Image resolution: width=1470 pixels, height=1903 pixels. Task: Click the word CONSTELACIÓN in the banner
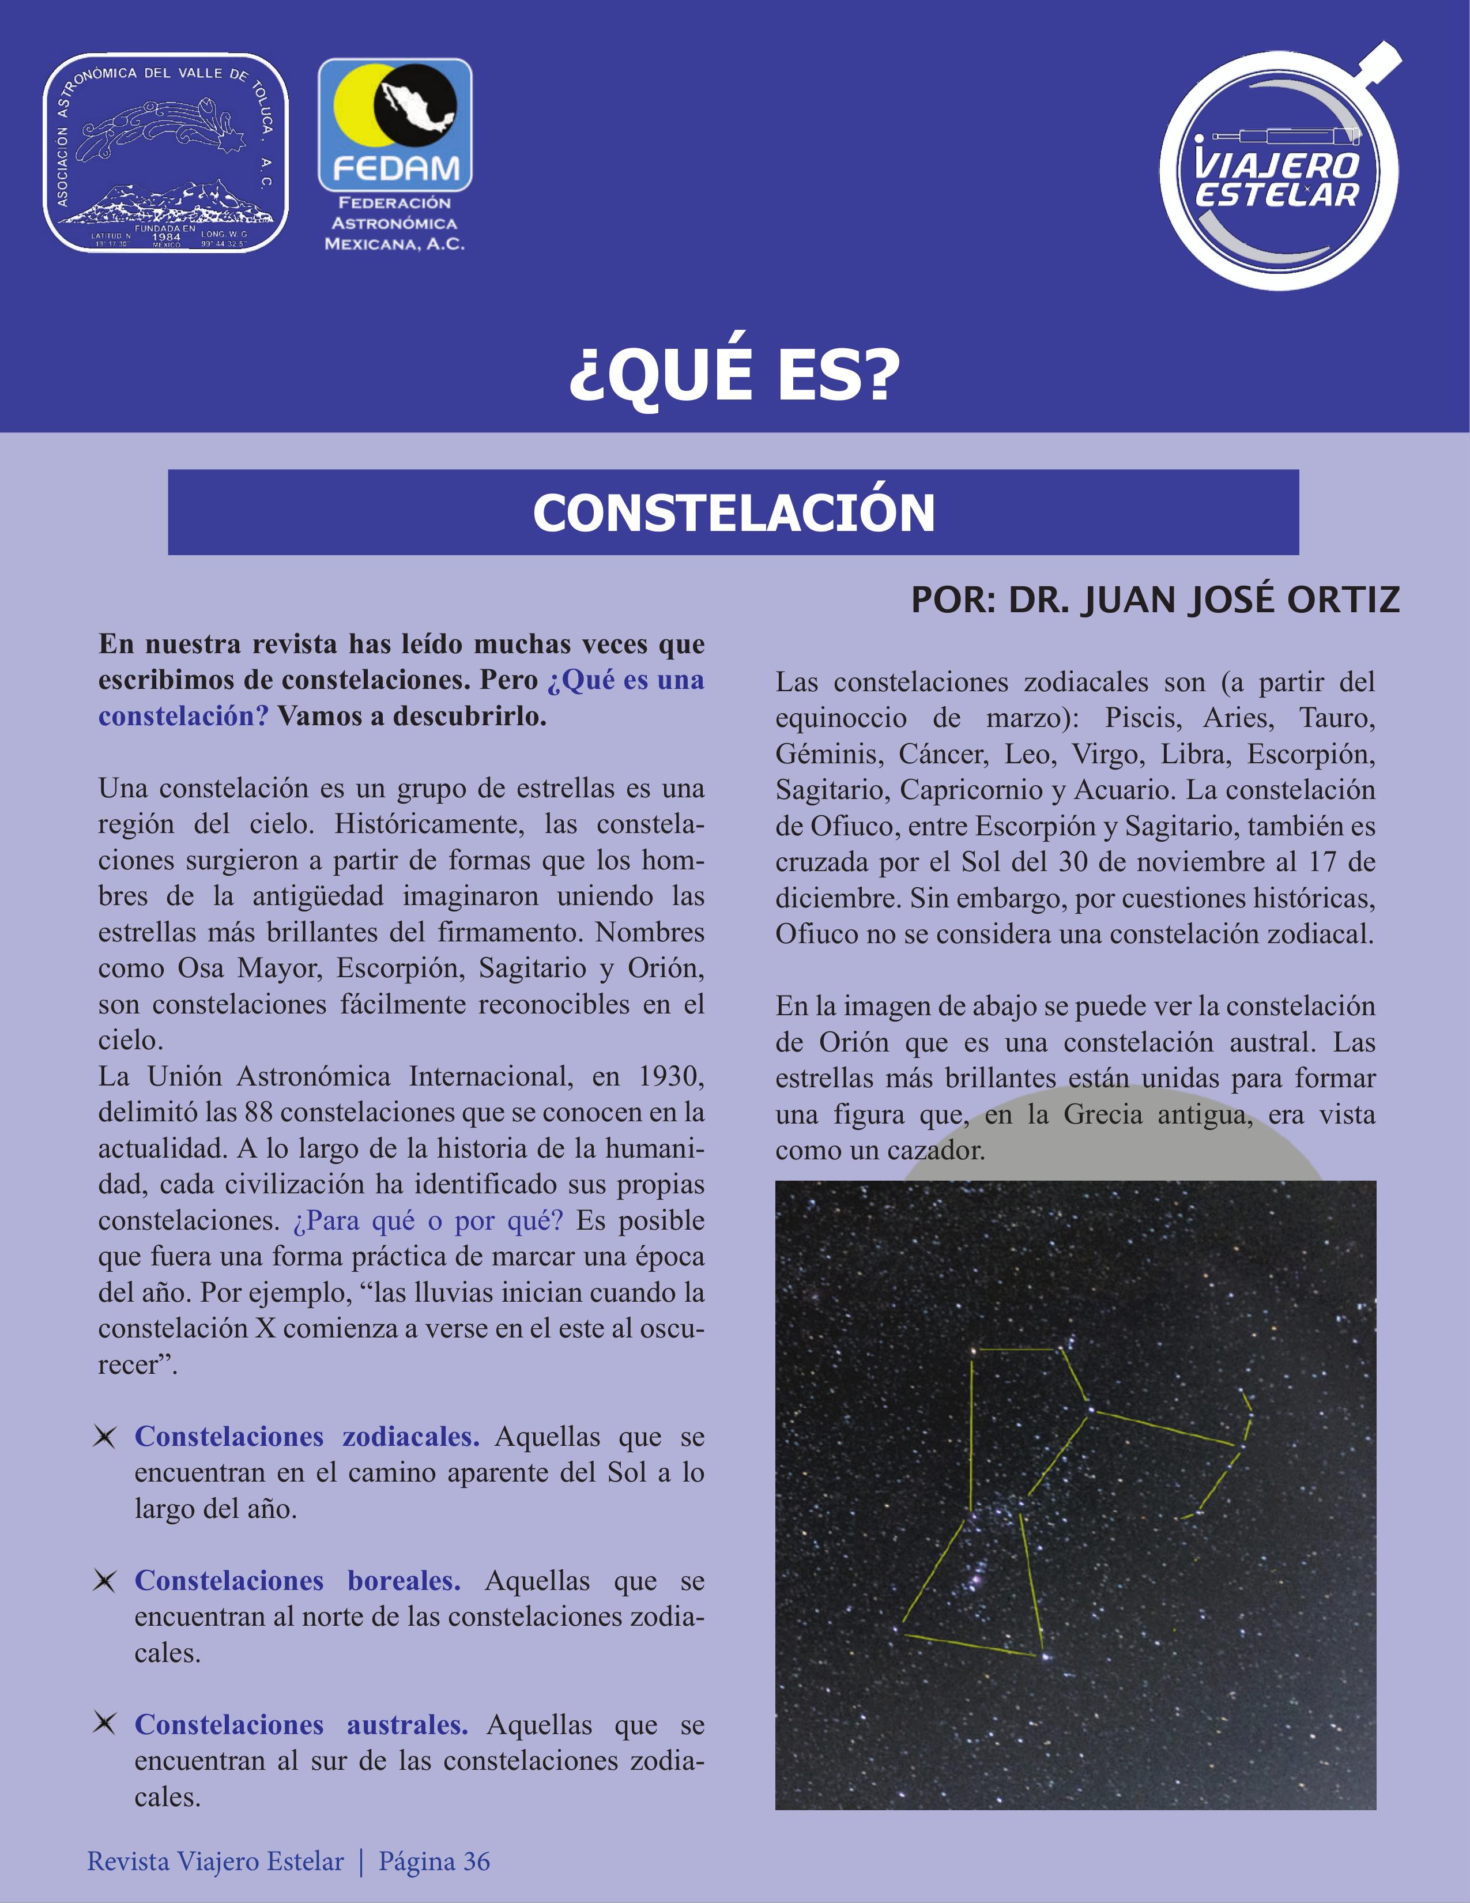coord(734,513)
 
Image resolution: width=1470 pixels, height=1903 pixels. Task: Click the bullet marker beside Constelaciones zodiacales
coord(104,1437)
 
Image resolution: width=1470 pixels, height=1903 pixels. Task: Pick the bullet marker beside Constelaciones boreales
coord(104,1581)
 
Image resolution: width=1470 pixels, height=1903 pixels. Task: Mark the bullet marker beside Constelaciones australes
coord(104,1724)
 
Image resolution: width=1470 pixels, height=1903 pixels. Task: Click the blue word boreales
coord(404,1581)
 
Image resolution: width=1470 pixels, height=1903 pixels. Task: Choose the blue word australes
coord(407,1724)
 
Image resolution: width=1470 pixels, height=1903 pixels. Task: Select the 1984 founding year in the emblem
coord(165,237)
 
